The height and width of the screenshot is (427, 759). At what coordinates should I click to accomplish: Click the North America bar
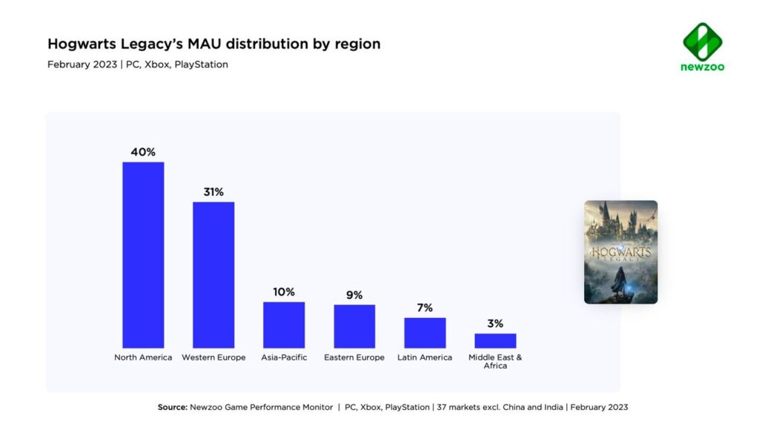(143, 254)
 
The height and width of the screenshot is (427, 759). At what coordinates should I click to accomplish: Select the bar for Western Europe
(213, 274)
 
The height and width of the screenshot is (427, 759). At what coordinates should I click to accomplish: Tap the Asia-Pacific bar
(284, 325)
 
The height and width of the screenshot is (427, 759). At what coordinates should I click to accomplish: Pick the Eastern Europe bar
(354, 326)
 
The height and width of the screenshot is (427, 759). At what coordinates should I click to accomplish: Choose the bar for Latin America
(425, 333)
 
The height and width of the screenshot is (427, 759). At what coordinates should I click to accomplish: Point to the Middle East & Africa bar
(495, 340)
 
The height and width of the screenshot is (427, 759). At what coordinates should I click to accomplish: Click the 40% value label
(143, 152)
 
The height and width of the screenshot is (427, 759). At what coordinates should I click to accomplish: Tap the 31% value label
(213, 192)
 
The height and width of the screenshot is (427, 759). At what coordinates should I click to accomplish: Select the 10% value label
(284, 292)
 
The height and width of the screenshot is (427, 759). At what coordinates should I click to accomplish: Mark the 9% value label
(354, 295)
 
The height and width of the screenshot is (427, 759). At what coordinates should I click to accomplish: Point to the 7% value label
(425, 308)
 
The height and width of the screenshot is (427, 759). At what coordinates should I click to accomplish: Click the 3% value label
(495, 323)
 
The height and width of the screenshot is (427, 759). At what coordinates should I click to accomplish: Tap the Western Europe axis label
(213, 357)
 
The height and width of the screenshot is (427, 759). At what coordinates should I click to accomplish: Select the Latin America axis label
(425, 357)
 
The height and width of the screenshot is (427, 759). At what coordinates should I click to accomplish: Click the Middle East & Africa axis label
(495, 361)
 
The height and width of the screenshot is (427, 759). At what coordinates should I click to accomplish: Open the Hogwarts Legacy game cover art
(620, 252)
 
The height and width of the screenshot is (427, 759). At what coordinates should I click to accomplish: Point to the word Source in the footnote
(172, 407)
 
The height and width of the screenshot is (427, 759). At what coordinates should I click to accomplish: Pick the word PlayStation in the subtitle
(201, 64)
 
